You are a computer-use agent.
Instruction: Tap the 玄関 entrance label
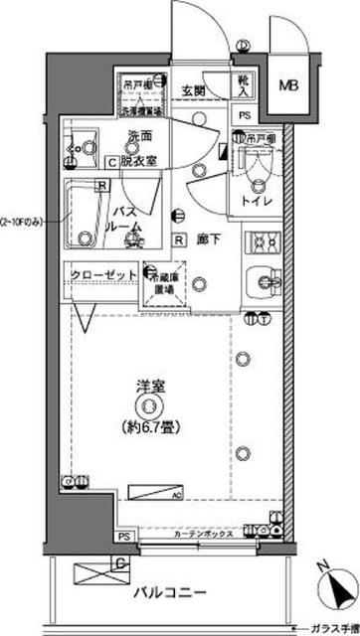click(x=192, y=92)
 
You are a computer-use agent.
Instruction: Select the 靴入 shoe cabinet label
click(x=245, y=86)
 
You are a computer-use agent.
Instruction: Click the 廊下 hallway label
click(x=208, y=239)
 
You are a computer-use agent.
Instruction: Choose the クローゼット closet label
click(x=102, y=276)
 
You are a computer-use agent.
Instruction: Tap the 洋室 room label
click(x=149, y=382)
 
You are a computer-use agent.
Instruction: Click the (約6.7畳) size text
click(x=150, y=428)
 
